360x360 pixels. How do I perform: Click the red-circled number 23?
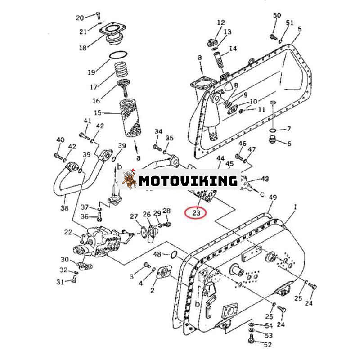196,212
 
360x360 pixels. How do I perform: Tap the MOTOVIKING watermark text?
188,181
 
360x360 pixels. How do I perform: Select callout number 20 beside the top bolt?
80,18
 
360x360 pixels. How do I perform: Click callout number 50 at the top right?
277,16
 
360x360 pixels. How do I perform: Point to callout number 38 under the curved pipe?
65,208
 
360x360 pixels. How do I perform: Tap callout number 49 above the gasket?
272,197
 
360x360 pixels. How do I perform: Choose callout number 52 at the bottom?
268,345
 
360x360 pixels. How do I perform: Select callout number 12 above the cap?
220,22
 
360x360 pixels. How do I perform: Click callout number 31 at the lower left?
60,282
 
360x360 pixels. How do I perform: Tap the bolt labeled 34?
157,147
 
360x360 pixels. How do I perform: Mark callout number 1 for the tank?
296,207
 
